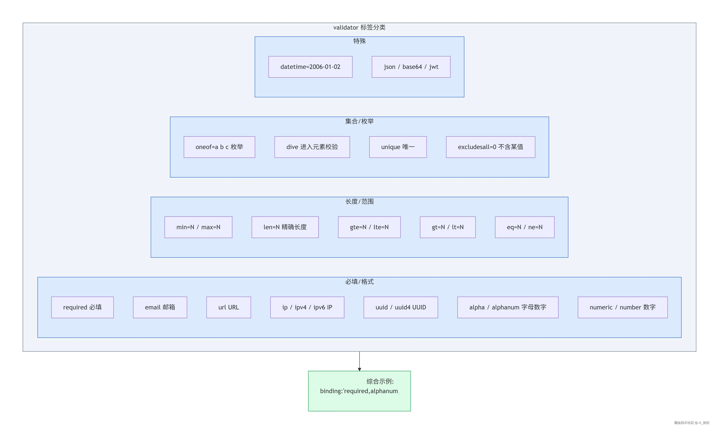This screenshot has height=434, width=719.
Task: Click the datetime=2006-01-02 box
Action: tap(310, 67)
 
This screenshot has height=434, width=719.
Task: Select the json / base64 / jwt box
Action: tap(411, 67)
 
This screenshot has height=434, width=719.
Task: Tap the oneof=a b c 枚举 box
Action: tap(219, 147)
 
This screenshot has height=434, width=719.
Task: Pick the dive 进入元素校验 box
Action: tap(312, 147)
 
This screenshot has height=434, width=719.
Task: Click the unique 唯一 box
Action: tap(398, 147)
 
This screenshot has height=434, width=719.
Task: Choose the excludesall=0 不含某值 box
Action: tap(490, 147)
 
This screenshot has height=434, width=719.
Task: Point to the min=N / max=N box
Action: tap(198, 227)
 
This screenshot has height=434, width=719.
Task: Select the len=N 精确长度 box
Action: tap(285, 227)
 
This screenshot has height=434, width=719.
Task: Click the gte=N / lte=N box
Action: tap(369, 227)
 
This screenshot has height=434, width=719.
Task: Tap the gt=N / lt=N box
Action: tap(448, 227)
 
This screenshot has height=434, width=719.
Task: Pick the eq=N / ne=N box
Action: tap(525, 227)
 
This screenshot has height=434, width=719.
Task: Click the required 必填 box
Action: tap(82, 307)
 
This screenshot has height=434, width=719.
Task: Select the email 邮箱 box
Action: tap(160, 307)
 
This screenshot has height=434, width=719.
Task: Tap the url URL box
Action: tap(229, 307)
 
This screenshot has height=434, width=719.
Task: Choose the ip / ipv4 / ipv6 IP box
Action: tap(307, 307)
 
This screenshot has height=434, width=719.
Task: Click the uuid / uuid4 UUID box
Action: tap(401, 307)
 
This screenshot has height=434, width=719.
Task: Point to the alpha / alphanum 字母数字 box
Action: tap(508, 307)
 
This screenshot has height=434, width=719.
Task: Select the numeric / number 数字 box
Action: tap(622, 307)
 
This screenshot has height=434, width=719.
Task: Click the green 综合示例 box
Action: tap(359, 391)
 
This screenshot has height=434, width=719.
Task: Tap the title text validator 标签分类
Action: tap(359, 27)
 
